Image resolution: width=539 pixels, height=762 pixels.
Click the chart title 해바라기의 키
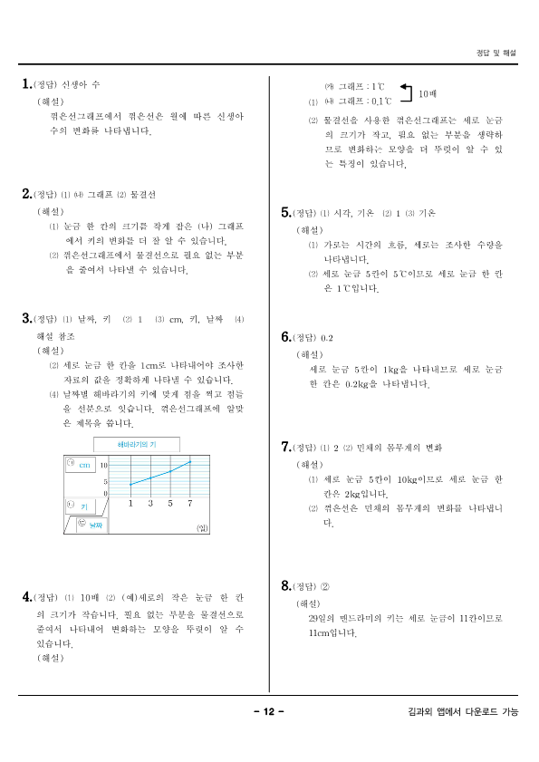tap(138, 444)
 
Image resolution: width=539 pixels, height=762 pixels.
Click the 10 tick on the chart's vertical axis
tap(104, 464)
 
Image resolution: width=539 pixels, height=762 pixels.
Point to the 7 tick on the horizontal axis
tap(189, 503)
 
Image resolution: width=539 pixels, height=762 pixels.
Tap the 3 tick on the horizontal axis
tap(149, 503)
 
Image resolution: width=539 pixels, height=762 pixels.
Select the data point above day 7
tap(190, 462)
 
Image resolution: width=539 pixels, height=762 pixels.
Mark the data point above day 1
tap(130, 484)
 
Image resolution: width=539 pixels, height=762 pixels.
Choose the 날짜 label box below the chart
tap(93, 525)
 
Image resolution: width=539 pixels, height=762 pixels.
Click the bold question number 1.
tap(26, 83)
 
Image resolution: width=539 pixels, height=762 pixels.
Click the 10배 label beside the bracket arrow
tap(427, 93)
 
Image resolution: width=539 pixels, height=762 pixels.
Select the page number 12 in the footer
tap(269, 711)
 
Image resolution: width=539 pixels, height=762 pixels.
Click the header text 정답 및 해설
tap(496, 53)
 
